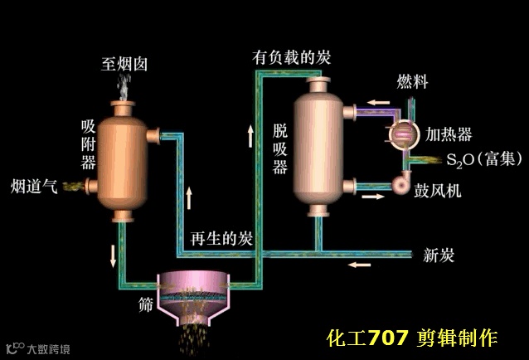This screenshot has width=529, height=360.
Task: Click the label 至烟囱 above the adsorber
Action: [125, 63]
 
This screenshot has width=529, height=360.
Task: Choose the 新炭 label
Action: [439, 255]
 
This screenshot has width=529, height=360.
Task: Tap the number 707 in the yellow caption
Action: [388, 338]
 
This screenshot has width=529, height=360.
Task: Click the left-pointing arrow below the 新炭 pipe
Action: [359, 265]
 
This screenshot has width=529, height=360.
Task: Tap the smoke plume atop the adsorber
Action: [125, 85]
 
